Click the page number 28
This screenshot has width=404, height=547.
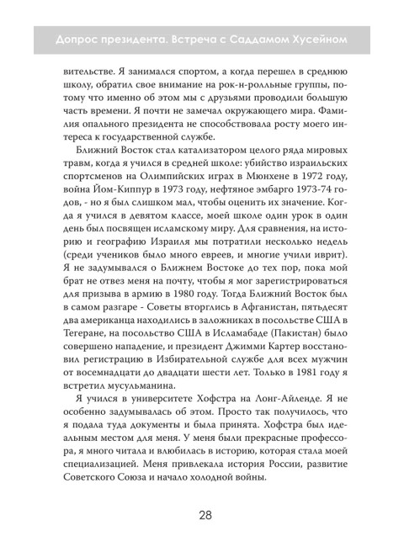click(201, 516)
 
